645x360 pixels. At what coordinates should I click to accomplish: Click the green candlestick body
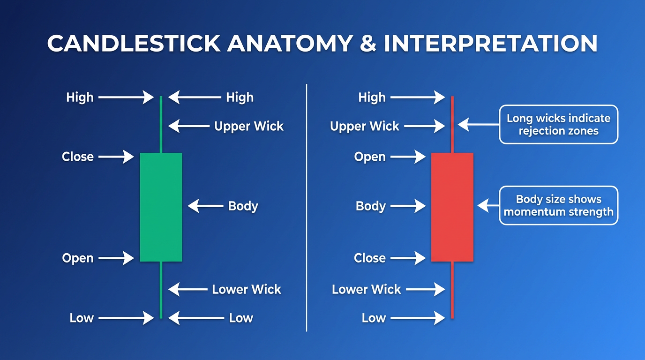tap(161, 207)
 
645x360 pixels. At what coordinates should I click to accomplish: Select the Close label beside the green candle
tap(78, 157)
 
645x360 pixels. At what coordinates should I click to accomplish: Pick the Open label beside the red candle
tap(370, 157)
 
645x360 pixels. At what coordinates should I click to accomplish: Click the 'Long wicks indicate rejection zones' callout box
tap(558, 124)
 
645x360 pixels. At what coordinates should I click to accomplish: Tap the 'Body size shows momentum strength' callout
tap(558, 205)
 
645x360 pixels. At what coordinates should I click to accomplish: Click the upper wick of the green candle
tap(161, 124)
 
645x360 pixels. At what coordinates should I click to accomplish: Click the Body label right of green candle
tap(243, 206)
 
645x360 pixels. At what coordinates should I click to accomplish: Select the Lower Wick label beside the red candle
tap(367, 289)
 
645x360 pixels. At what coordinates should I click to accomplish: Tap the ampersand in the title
tap(368, 43)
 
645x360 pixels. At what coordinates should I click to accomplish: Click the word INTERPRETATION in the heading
tap(490, 43)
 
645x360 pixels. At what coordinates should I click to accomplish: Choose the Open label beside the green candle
tap(78, 258)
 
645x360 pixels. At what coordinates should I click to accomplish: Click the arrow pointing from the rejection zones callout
tap(478, 124)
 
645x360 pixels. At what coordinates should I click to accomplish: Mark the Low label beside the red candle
tap(374, 318)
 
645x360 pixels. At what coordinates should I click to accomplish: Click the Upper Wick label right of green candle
tap(249, 126)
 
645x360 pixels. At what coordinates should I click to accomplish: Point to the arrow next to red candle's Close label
tap(408, 258)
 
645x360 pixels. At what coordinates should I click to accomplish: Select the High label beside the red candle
tap(372, 97)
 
